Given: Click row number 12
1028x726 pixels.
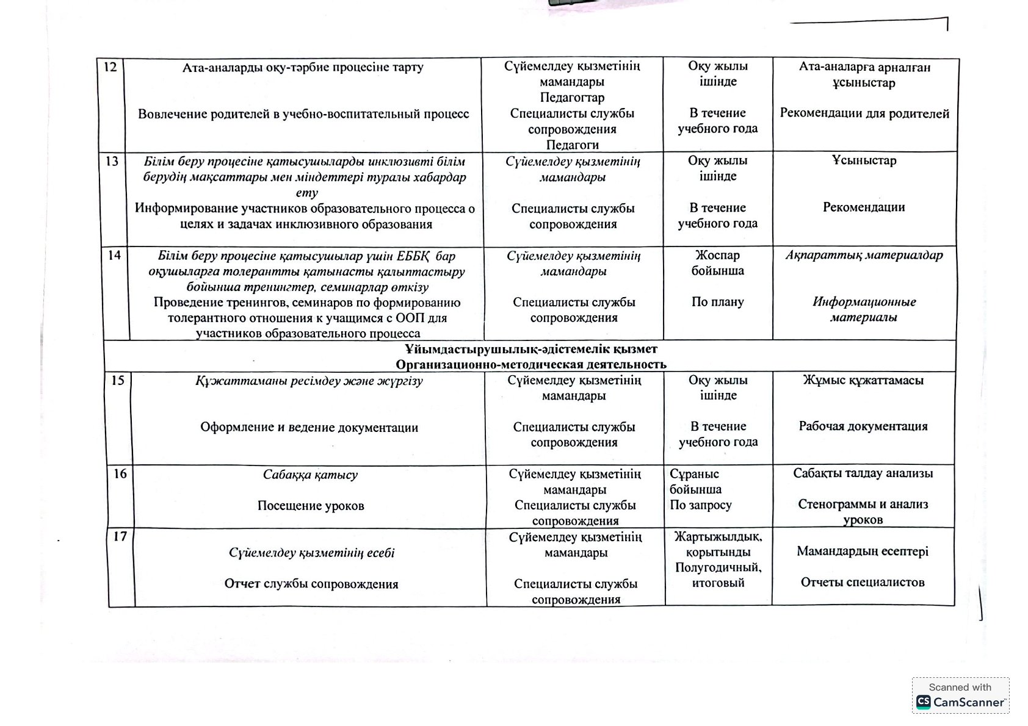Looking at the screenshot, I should tap(110, 66).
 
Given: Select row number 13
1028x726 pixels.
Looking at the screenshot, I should tap(112, 161).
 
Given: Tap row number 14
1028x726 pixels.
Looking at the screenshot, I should tap(114, 255).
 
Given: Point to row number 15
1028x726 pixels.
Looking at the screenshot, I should tap(117, 381).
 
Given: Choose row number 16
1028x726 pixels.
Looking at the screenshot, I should tap(120, 474).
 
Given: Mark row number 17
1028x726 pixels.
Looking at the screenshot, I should tap(120, 537).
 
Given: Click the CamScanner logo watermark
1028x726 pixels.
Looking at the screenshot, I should tap(960, 695).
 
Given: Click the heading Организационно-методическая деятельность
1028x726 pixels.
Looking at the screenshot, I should tap(530, 365).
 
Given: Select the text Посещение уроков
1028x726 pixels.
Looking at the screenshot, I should tap(311, 506).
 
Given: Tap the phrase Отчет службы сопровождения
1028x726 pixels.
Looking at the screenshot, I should tap(311, 584).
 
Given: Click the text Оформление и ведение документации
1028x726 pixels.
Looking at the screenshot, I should tap(309, 428).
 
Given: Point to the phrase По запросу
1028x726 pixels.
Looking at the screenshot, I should tap(700, 505).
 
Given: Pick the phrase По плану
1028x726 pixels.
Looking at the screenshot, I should tap(717, 302).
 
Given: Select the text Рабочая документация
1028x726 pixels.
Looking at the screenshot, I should tap(863, 426).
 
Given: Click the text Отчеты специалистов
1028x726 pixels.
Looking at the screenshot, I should tap(863, 582).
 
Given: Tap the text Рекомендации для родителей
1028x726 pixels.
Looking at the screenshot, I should tap(864, 113).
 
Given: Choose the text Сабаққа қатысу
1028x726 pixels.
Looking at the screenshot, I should tap(310, 475).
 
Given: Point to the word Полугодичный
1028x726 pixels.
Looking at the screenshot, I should tap(718, 567).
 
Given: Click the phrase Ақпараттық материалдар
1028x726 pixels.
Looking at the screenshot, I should tap(864, 255).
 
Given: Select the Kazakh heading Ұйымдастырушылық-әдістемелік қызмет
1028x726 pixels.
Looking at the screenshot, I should tap(530, 349).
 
